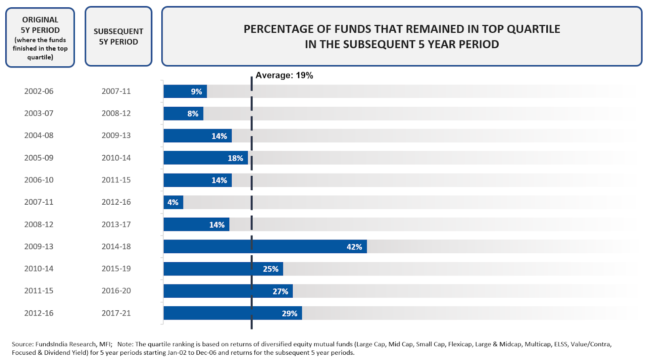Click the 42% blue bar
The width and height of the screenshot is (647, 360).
pyautogui.click(x=265, y=246)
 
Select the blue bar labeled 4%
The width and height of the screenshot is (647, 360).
pyautogui.click(x=173, y=202)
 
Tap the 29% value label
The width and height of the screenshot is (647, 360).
pyautogui.click(x=290, y=313)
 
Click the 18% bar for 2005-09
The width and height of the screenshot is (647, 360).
pyautogui.click(x=205, y=158)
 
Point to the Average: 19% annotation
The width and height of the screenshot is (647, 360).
pyautogui.click(x=284, y=75)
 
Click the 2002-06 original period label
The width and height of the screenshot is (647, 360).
pyautogui.click(x=39, y=91)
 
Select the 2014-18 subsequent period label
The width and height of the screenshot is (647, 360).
pyautogui.click(x=116, y=246)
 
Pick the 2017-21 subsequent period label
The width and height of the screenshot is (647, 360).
pyautogui.click(x=116, y=313)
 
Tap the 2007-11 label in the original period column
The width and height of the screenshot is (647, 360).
pyautogui.click(x=39, y=202)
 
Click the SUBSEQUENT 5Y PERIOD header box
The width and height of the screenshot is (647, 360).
pyautogui.click(x=118, y=36)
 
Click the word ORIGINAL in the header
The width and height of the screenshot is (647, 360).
pyautogui.click(x=40, y=20)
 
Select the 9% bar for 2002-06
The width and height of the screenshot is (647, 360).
pyautogui.click(x=185, y=91)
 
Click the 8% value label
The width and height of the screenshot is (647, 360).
pyautogui.click(x=193, y=114)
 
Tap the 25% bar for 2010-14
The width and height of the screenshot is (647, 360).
pyautogui.click(x=223, y=269)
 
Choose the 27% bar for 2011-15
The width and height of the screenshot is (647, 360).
pyautogui.click(x=228, y=291)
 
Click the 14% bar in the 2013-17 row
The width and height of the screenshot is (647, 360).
pyautogui.click(x=196, y=224)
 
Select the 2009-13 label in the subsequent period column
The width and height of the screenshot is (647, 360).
pyautogui.click(x=116, y=136)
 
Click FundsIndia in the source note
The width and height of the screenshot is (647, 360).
pyautogui.click(x=51, y=344)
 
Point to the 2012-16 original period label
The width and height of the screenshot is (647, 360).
pyautogui.click(x=39, y=313)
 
